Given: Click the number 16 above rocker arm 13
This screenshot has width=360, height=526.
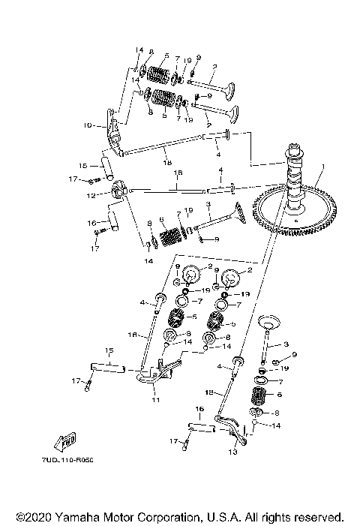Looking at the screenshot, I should [x=199, y=410].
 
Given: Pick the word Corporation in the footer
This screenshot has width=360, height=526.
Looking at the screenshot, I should [x=166, y=517].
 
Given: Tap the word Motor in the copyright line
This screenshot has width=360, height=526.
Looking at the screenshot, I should [x=119, y=517].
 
